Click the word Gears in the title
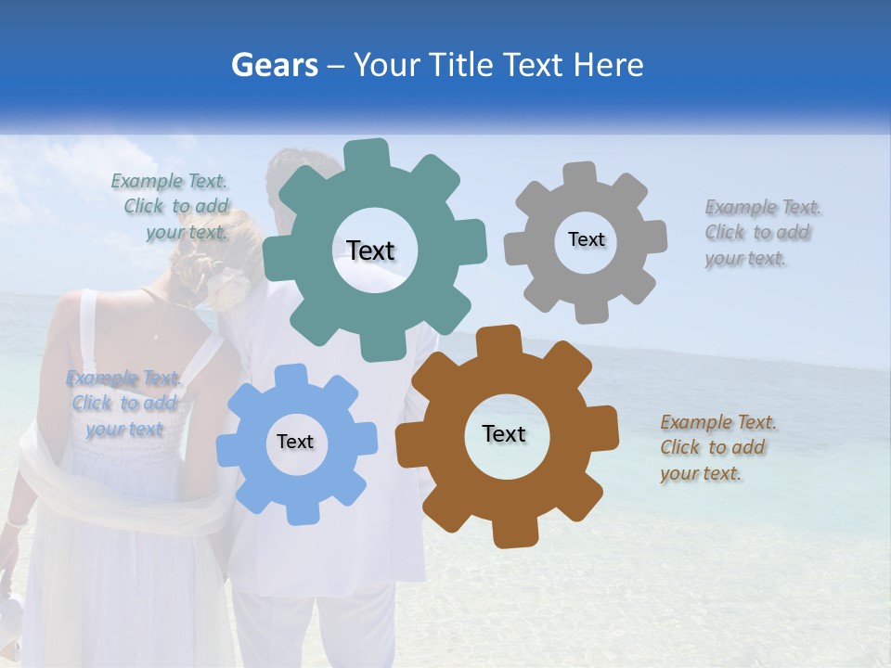pyautogui.click(x=273, y=65)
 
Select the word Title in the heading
pyautogui.click(x=463, y=65)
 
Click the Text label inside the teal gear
pyautogui.click(x=370, y=250)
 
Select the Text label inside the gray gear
pyautogui.click(x=586, y=239)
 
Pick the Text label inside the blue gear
pyautogui.click(x=295, y=442)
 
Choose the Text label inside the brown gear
pyautogui.click(x=504, y=433)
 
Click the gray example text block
pyautogui.click(x=761, y=232)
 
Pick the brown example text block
pyautogui.click(x=717, y=447)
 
